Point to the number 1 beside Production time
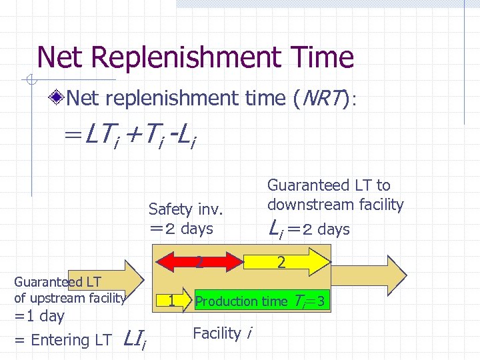click(x=171, y=301)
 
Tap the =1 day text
click(x=39, y=316)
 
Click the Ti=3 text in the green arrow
click(x=309, y=302)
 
